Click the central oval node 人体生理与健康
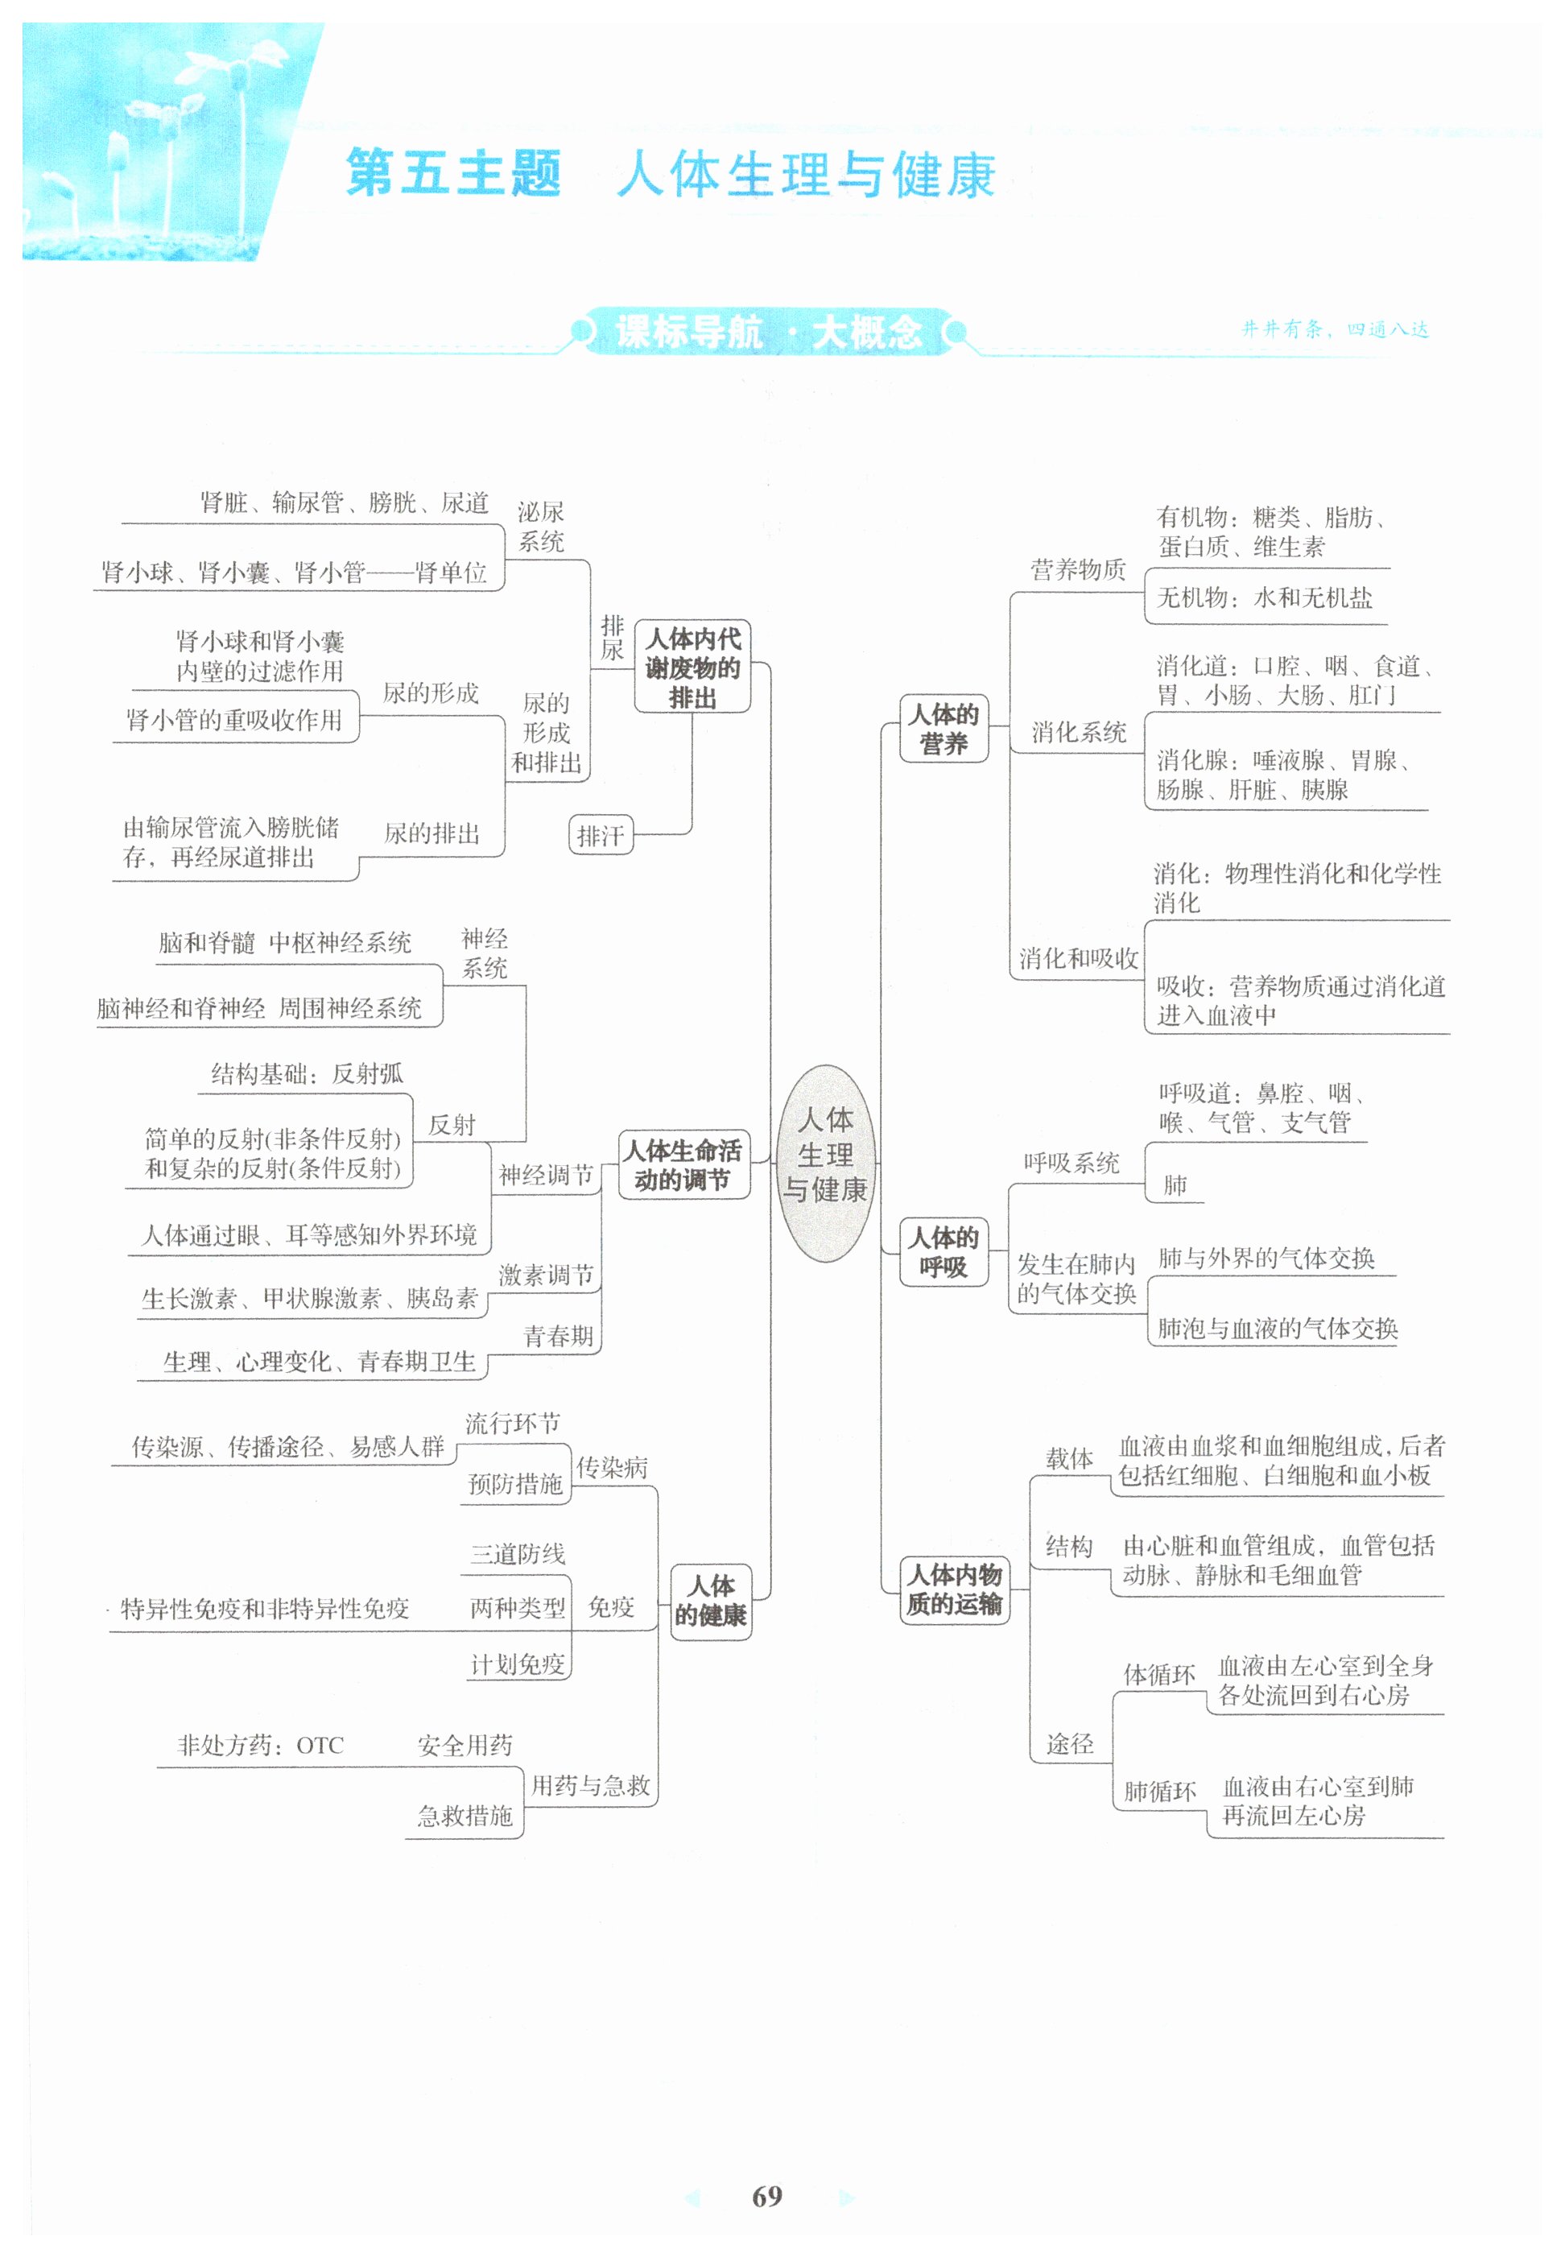click(x=824, y=1164)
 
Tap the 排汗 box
click(x=600, y=836)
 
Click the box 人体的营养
click(x=944, y=728)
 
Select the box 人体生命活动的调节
click(x=683, y=1164)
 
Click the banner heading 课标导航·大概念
click(x=769, y=333)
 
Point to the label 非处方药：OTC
click(x=261, y=1746)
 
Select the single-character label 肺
click(x=1175, y=1186)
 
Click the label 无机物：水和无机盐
click(x=1264, y=597)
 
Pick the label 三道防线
click(x=518, y=1554)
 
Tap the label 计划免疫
click(x=518, y=1664)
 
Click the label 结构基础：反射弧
click(x=307, y=1073)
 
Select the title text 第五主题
click(x=453, y=174)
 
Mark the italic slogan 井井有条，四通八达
click(x=1335, y=329)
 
